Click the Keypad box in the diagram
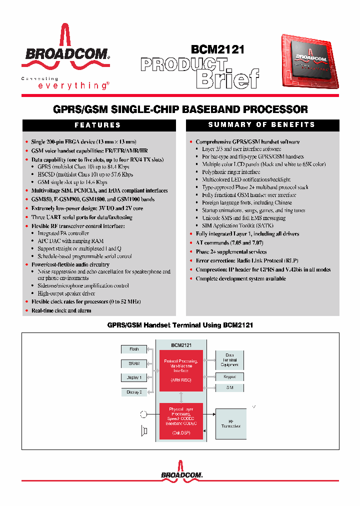pyautogui.click(x=230, y=376)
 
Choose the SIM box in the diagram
pyautogui.click(x=230, y=387)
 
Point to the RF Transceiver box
pyautogui.click(x=230, y=424)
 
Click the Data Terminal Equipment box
pyautogui.click(x=230, y=360)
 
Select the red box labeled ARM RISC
pyautogui.click(x=180, y=371)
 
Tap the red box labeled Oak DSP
pyautogui.click(x=180, y=421)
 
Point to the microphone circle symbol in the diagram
pyautogui.click(x=144, y=414)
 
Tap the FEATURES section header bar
pyautogui.click(x=98, y=125)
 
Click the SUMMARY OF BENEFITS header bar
pyautogui.click(x=262, y=125)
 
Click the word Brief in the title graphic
pyautogui.click(x=228, y=78)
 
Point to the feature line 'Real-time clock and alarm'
pyautogui.click(x=61, y=311)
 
